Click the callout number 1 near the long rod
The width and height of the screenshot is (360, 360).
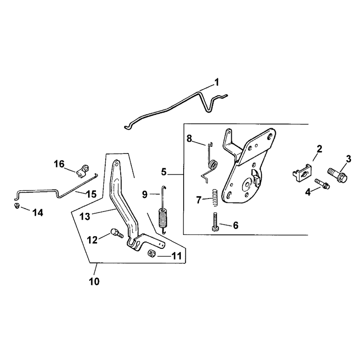point(216,82)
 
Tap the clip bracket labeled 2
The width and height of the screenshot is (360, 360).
point(302,173)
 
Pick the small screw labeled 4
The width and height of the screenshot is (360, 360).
point(322,184)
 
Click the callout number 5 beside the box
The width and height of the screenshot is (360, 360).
point(163,172)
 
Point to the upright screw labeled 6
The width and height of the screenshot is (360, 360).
point(215,222)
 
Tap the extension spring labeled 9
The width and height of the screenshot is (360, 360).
point(163,210)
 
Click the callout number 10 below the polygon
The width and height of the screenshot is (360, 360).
point(94,282)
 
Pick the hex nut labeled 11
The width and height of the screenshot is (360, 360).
point(152,254)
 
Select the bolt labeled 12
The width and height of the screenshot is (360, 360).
point(117,233)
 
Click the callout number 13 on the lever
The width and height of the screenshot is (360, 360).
point(85,216)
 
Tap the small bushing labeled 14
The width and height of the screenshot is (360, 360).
point(17,206)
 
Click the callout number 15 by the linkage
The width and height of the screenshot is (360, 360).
point(91,194)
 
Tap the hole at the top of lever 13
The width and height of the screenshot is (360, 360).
point(117,163)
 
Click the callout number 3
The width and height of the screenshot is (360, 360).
point(348,159)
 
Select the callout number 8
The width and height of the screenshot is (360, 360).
point(189,139)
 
